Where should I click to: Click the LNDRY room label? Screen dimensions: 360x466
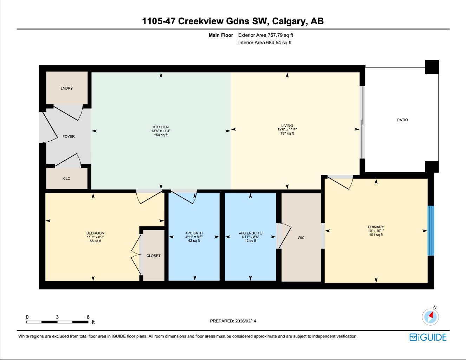(x=66, y=88)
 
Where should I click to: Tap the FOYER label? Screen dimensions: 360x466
(x=69, y=136)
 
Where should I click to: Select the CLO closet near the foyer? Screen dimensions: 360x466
(x=66, y=179)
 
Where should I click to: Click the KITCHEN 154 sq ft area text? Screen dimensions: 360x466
(x=161, y=135)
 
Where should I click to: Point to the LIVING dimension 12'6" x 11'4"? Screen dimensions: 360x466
(x=287, y=129)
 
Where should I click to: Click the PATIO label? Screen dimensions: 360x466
(x=402, y=120)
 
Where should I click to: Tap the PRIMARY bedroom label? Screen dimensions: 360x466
(x=376, y=227)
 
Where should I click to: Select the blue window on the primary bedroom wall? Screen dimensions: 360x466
(x=431, y=231)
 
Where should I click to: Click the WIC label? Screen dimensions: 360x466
(x=301, y=238)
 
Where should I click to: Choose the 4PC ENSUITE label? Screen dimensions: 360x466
(x=250, y=233)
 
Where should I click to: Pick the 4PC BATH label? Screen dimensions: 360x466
(x=194, y=233)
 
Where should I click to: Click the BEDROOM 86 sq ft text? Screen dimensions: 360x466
(x=95, y=241)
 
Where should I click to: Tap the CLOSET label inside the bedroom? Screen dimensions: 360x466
(x=153, y=256)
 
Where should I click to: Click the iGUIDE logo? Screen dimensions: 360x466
(x=428, y=337)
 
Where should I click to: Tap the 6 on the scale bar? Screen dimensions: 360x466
(x=88, y=317)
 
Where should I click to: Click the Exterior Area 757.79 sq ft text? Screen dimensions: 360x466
(x=265, y=35)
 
